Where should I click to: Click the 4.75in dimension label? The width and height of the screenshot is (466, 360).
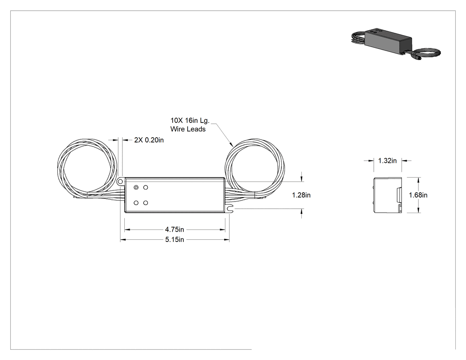click(174, 229)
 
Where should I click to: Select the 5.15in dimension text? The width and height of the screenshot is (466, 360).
click(174, 240)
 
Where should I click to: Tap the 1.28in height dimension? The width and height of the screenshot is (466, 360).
click(301, 195)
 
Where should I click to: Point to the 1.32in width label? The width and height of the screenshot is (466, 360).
click(387, 161)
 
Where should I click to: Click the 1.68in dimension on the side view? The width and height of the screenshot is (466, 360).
click(418, 195)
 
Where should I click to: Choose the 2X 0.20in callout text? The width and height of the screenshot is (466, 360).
click(149, 140)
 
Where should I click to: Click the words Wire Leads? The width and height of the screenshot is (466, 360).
click(188, 129)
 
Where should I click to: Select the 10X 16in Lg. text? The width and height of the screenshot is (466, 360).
click(190, 120)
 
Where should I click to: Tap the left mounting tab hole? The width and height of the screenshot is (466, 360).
click(120, 181)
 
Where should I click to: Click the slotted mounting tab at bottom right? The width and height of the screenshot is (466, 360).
click(229, 210)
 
